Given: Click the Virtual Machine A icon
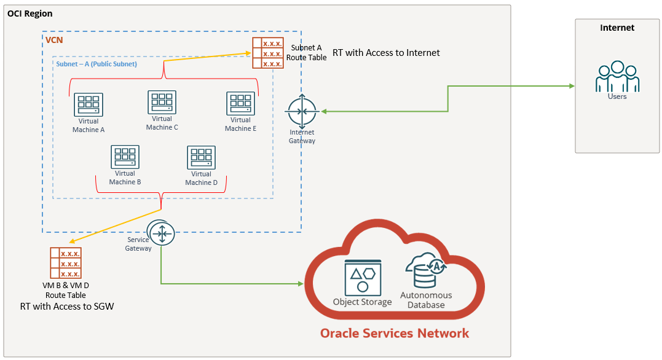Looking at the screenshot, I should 89,105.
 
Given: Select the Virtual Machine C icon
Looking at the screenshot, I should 162,103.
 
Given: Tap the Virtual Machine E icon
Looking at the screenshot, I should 240,104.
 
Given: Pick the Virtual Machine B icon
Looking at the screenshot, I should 125,157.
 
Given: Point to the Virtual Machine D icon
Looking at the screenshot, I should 201,158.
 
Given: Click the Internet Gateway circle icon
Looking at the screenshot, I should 302,111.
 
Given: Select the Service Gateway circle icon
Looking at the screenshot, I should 162,233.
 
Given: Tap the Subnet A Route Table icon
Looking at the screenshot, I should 267,53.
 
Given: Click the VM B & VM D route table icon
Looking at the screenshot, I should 66,263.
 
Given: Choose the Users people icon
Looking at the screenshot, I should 617,77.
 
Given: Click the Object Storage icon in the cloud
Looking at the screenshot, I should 363,277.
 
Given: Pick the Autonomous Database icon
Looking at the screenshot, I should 425,270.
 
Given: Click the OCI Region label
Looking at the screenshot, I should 30,14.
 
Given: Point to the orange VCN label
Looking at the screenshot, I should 54,40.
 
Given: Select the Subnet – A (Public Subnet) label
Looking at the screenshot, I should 97,64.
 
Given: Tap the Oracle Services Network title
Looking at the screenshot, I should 394,334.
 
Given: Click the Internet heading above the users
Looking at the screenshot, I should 617,28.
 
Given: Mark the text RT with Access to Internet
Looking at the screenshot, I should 386,53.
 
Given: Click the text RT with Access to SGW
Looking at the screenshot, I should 67,306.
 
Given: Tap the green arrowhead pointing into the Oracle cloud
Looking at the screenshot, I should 301,284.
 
